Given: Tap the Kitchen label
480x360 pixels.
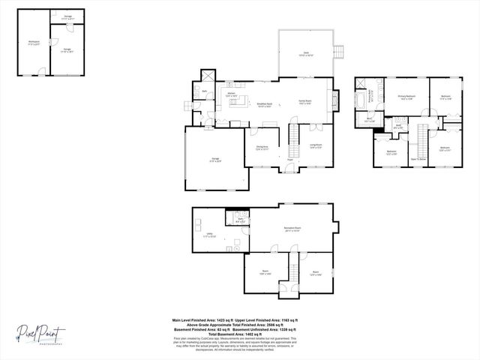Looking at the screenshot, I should click(x=232, y=94).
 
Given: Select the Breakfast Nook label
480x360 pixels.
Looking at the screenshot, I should click(x=264, y=105).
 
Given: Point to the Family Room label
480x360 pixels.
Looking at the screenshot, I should click(x=305, y=102).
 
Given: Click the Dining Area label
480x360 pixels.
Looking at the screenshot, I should click(x=262, y=147).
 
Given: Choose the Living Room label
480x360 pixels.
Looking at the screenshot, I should click(x=316, y=147).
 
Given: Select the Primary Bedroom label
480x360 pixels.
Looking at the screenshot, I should click(x=406, y=97).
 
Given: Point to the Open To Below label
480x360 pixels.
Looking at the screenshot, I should click(x=418, y=159).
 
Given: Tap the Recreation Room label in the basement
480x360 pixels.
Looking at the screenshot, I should click(x=292, y=229).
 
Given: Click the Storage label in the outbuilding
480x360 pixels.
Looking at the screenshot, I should click(x=67, y=16).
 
